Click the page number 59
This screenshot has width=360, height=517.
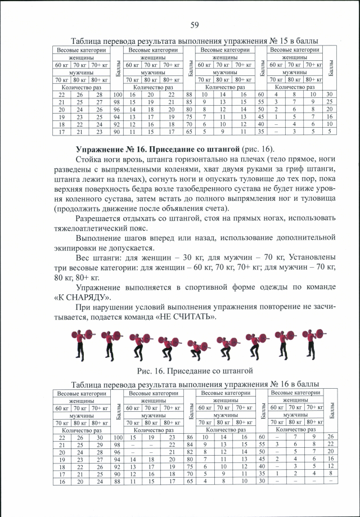tap(195, 24)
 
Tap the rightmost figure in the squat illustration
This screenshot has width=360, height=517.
tap(309, 344)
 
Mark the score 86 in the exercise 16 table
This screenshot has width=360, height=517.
tap(190, 437)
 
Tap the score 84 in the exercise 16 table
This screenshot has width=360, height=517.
tap(190, 444)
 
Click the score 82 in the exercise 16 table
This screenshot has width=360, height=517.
tap(190, 451)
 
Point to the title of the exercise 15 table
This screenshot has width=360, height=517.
tap(194, 41)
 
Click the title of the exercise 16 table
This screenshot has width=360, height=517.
tap(194, 384)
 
